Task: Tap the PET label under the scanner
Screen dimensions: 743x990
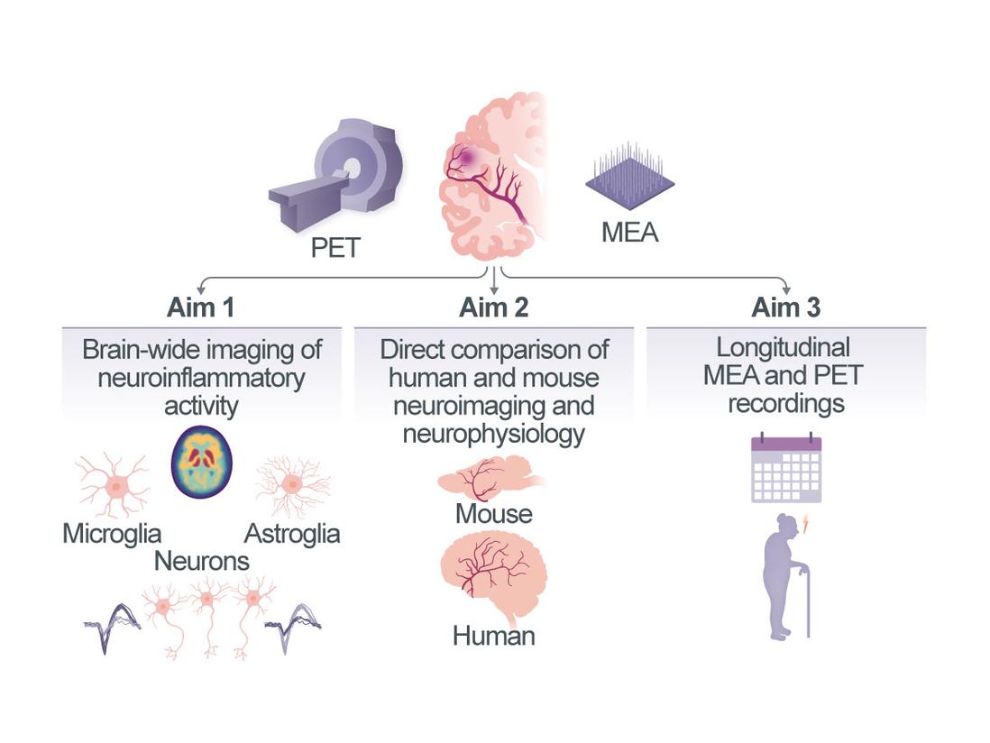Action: [335, 247]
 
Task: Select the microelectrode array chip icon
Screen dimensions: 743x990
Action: [629, 176]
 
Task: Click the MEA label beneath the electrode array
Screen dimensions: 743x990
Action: [629, 233]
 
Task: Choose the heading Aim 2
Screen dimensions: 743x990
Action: [493, 307]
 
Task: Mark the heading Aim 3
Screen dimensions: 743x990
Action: [786, 307]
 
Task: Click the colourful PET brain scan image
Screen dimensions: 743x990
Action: [202, 463]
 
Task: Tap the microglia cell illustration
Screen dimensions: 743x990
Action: [115, 485]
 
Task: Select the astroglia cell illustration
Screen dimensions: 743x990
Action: [291, 485]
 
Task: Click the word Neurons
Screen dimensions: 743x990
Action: [202, 561]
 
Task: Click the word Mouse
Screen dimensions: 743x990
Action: [493, 515]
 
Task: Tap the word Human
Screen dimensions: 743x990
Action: [493, 636]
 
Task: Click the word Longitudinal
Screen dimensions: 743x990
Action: [784, 347]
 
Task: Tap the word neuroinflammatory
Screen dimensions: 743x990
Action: [201, 377]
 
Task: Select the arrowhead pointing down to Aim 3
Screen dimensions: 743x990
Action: [786, 289]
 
